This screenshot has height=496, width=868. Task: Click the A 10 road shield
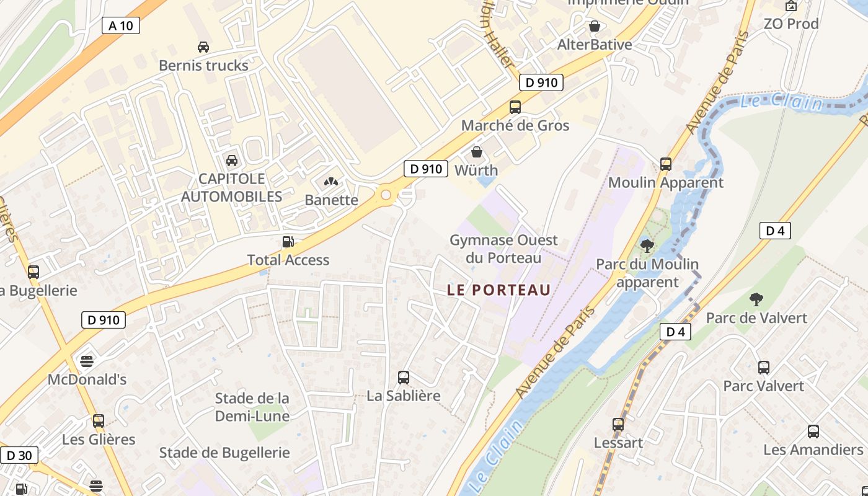pos(120,25)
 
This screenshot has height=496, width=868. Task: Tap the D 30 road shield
pos(19,456)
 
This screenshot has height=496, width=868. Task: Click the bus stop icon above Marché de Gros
pos(515,107)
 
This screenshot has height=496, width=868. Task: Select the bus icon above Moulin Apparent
pos(666,164)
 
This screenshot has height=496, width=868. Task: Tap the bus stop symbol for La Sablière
pos(404,377)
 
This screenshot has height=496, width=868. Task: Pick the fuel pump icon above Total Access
pos(288,242)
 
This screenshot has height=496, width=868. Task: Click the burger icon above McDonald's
pos(87,361)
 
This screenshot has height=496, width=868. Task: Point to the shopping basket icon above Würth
pos(477,152)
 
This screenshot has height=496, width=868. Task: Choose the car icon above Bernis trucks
pos(203,47)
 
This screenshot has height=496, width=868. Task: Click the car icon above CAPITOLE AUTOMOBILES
pos(231,161)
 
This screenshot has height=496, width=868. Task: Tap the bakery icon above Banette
pos(331,182)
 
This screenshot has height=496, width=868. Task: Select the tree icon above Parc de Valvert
pos(756,299)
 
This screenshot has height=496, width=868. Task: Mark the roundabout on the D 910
pos(386,195)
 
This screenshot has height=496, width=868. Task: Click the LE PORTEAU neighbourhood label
pos(498,290)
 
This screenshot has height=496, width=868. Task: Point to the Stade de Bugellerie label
pos(224,453)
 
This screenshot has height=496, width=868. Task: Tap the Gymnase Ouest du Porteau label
pos(503,249)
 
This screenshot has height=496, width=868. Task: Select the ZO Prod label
pos(791,24)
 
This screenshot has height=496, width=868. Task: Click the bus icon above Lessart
pos(618,425)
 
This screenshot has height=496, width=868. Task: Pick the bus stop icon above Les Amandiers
pos(813,432)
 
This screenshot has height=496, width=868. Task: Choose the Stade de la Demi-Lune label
pos(252,407)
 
